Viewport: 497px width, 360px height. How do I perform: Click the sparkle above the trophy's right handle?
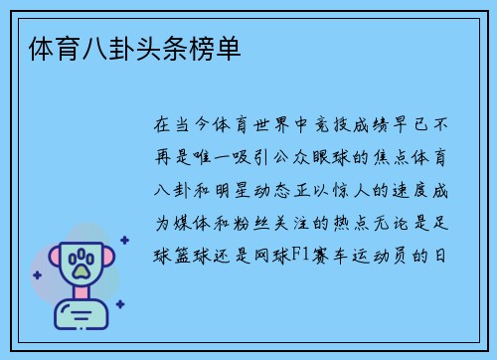pyautogui.click(x=123, y=240)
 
